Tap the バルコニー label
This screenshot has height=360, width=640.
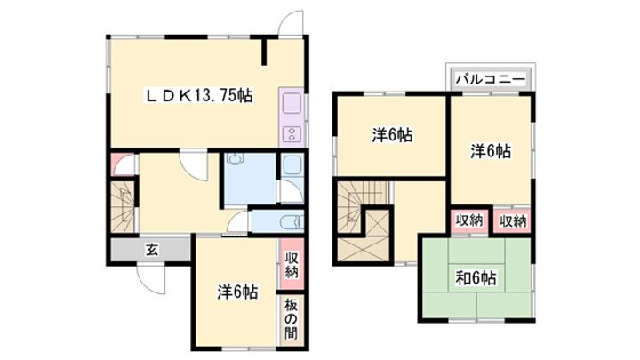coord(490,79)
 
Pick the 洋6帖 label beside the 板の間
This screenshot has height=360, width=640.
coord(237,291)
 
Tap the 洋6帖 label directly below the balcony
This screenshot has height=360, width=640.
coord(491,151)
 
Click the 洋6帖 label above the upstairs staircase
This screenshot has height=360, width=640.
coord(391,135)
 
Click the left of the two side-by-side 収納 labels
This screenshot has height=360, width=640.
coord(470,220)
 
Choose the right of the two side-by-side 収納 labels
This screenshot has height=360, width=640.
coord(513,220)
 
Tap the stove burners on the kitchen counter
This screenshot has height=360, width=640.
coord(292,134)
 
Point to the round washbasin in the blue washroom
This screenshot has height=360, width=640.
coord(234,161)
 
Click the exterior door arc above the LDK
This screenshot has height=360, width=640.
coord(289,22)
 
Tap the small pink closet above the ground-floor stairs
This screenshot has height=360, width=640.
coord(121,164)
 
